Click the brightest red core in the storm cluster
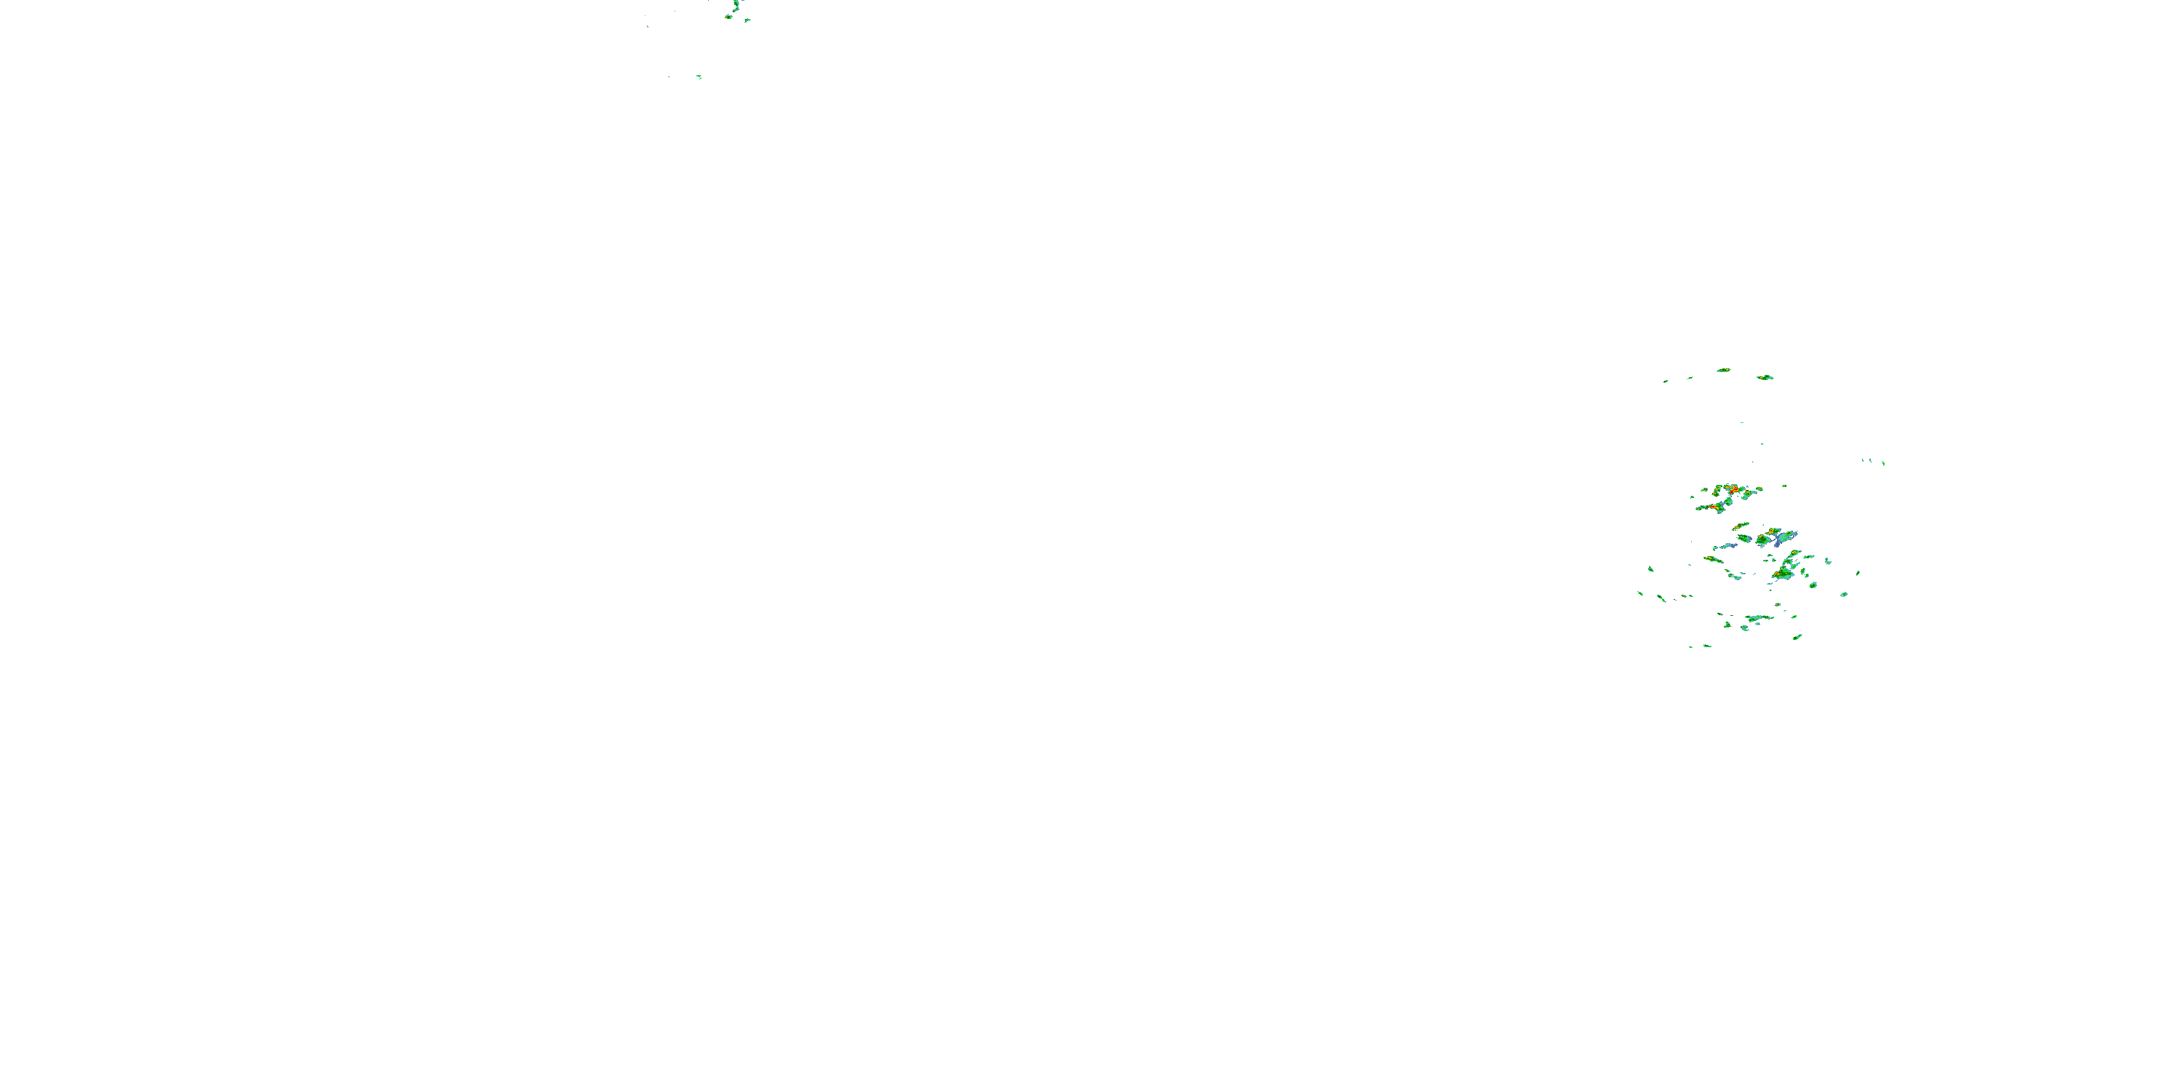[1735, 490]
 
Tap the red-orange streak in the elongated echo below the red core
[1715, 507]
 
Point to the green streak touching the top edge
[736, 6]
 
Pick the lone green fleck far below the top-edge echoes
[699, 77]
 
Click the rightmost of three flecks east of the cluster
[1883, 463]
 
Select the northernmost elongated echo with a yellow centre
[1723, 371]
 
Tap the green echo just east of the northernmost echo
[1765, 377]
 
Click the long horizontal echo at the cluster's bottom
[1759, 618]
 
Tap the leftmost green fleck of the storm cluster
[1639, 593]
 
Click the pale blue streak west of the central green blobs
[1726, 546]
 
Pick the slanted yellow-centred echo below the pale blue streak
[1714, 558]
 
